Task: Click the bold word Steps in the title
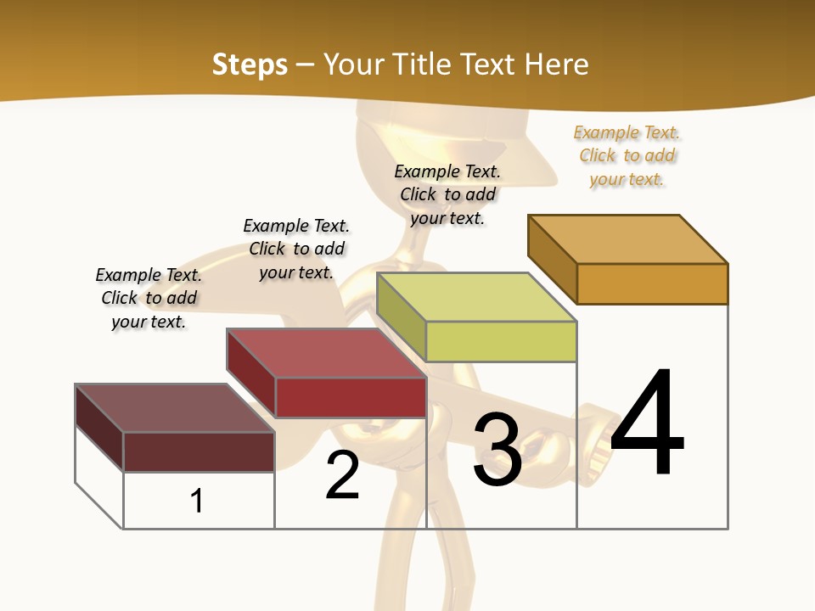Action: [x=250, y=64]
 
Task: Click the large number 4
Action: [x=647, y=424]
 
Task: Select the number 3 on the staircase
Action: [x=497, y=451]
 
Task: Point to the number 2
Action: [x=343, y=476]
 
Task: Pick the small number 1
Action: [x=197, y=502]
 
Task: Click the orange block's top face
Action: [x=628, y=238]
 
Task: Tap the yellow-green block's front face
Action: [x=501, y=341]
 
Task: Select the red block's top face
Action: [x=326, y=352]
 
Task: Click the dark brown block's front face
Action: [x=199, y=451]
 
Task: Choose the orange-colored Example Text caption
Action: [x=627, y=155]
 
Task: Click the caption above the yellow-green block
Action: [x=447, y=194]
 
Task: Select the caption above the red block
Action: [x=296, y=249]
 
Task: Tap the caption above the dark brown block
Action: [x=149, y=298]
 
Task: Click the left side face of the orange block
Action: [x=552, y=258]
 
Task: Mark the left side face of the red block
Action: [x=250, y=372]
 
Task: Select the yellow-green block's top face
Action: [x=476, y=297]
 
